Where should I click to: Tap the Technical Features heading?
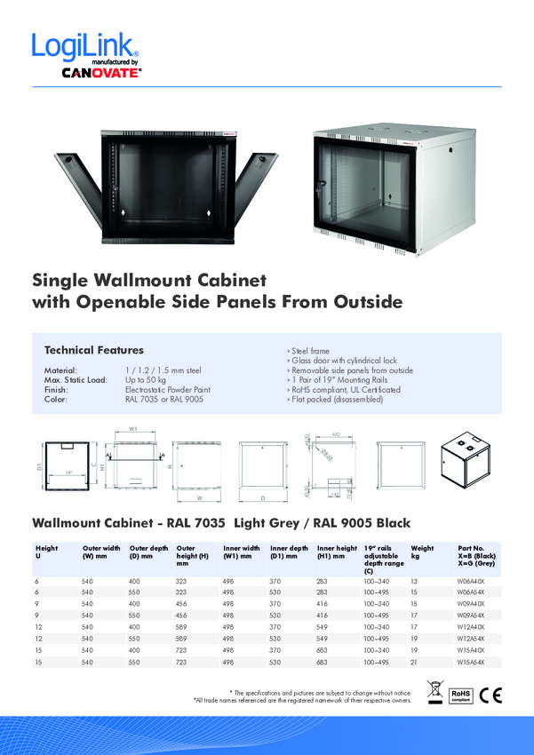click(x=94, y=350)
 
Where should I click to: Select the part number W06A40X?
click(x=471, y=579)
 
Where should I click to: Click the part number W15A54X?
click(x=471, y=663)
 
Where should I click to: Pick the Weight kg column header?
click(x=422, y=552)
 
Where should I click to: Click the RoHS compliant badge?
click(x=460, y=694)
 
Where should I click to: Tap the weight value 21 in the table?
click(x=414, y=663)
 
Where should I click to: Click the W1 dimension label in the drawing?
click(x=133, y=428)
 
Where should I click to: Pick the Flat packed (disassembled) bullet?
click(x=334, y=400)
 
